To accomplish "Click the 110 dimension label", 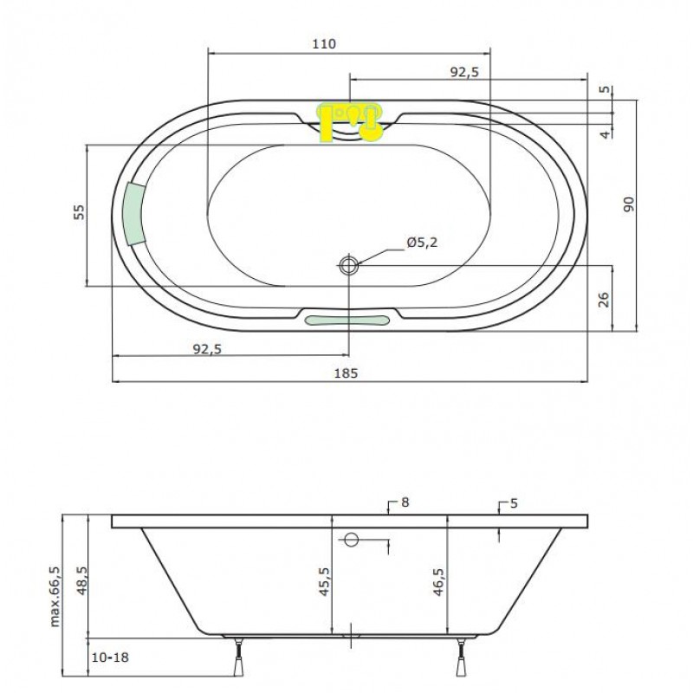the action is coord(324,44).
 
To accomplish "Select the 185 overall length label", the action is coord(346,373).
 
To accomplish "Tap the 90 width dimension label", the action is coord(628,204).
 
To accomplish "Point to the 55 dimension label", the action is coord(79,212).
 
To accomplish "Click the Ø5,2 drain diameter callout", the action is coord(422,243).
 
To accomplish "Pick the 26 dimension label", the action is coord(604,299).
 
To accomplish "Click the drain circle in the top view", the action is coord(349,266).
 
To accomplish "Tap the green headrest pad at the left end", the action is coord(134,214).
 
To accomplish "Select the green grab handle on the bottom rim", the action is coord(347,321).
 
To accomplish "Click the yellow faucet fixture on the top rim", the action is coord(349,123).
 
